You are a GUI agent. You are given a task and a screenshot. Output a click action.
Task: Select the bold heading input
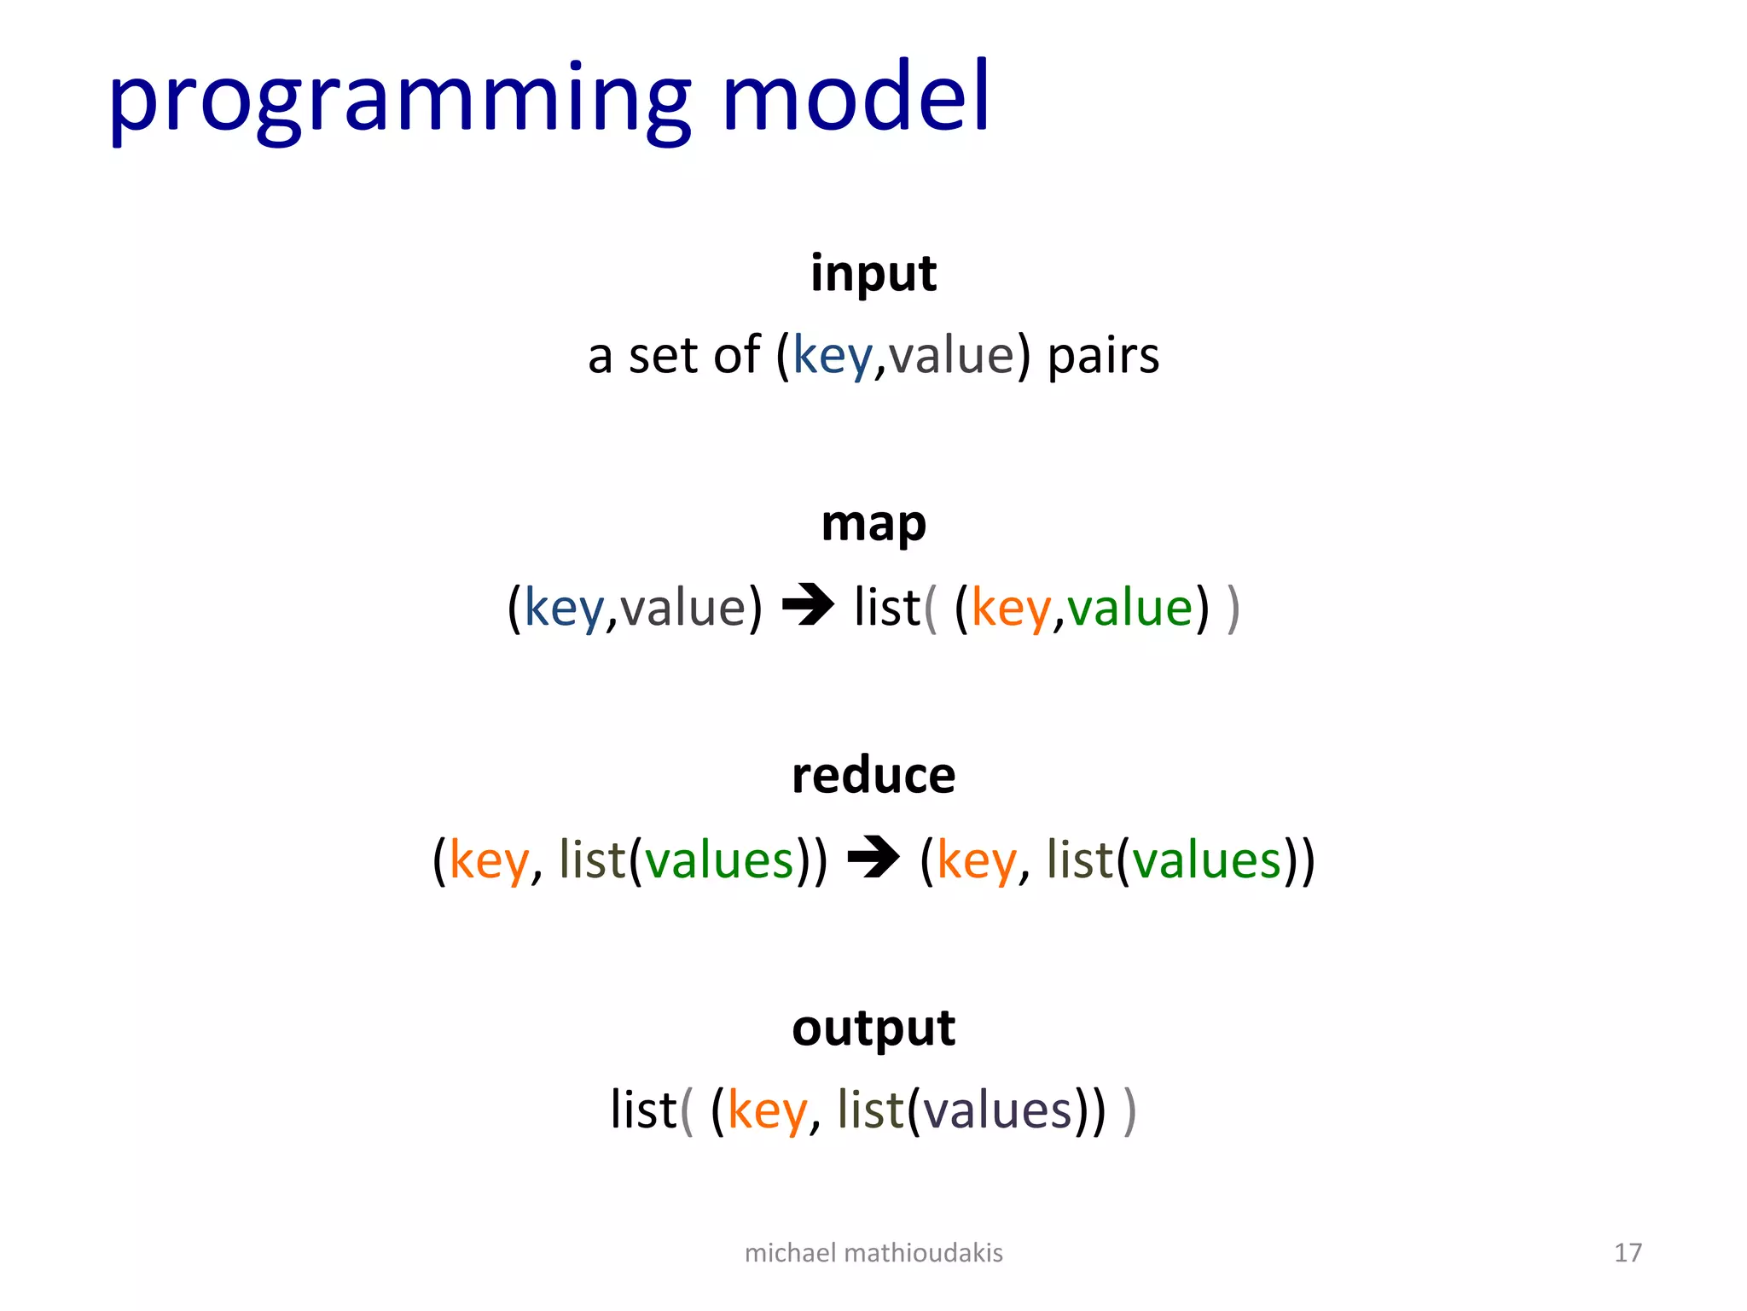click(873, 273)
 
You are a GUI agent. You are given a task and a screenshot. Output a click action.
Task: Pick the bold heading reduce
click(873, 776)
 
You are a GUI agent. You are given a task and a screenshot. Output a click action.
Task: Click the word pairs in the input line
click(1103, 356)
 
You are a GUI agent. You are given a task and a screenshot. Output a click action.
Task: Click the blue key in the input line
click(833, 356)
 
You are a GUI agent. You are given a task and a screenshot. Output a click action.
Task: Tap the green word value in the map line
click(1129, 608)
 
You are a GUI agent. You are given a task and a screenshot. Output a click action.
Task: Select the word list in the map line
click(887, 608)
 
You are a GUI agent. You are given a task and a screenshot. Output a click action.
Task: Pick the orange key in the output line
click(767, 1111)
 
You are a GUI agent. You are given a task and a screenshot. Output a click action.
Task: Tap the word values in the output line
click(997, 1111)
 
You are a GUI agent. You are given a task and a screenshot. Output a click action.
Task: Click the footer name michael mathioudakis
click(873, 1253)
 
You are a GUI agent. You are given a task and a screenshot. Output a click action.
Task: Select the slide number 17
click(1628, 1253)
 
